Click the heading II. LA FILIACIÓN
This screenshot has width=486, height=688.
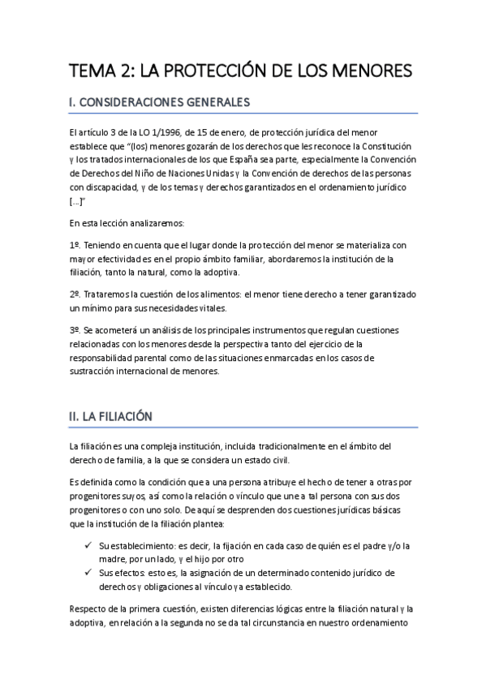[110, 416]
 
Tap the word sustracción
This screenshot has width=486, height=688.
[96, 373]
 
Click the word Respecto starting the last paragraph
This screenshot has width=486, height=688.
[90, 609]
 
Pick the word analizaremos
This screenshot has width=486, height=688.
[140, 223]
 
